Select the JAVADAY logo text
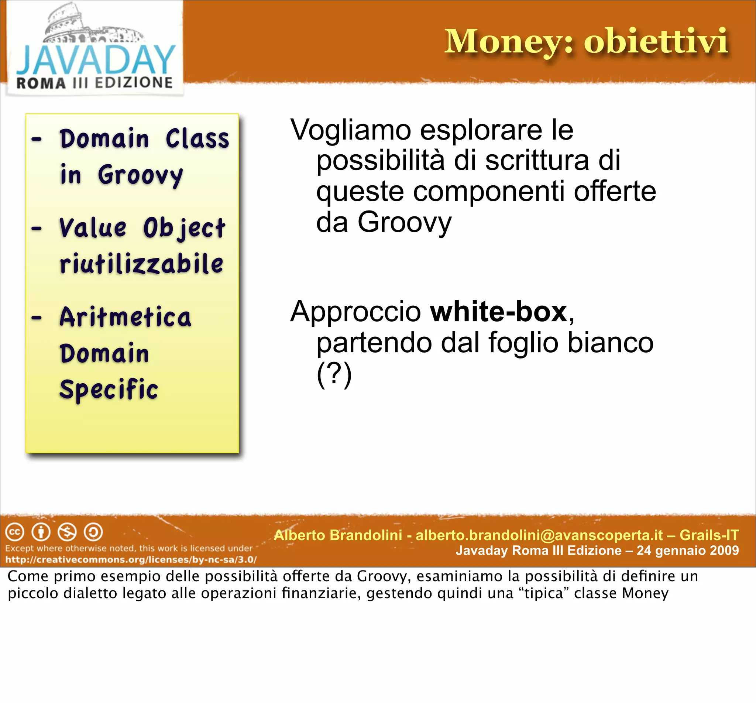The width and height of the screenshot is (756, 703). point(96,60)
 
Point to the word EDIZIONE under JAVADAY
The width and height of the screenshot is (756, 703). point(134,83)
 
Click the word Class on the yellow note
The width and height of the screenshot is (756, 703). point(197,139)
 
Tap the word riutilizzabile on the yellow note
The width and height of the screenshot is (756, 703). point(141,264)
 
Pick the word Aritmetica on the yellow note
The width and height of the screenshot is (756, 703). point(126,317)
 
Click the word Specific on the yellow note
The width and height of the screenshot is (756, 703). point(109,390)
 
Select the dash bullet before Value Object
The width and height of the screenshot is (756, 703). point(37,229)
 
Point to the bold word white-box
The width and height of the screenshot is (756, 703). point(499,312)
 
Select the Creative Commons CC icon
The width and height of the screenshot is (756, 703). point(15,532)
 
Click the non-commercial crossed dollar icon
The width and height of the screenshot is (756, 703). point(67,532)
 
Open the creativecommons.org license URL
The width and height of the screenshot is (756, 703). point(131,560)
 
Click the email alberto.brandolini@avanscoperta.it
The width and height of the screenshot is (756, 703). point(539,535)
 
